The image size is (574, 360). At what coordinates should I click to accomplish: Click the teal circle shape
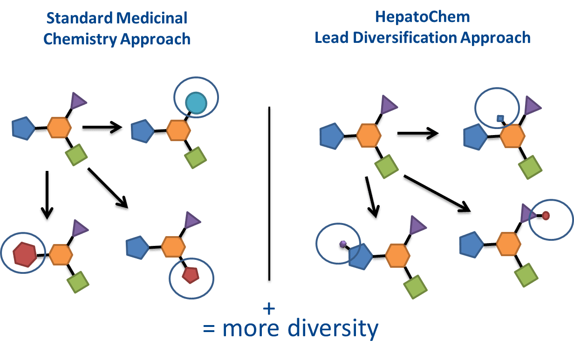point(196,103)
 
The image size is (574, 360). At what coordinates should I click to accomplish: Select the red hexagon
point(25,255)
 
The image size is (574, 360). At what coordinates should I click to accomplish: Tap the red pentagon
point(191,275)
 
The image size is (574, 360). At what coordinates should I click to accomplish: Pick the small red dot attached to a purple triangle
point(546,216)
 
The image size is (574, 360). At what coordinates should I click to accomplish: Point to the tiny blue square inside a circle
point(500,118)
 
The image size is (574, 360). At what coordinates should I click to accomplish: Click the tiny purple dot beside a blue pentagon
point(343,244)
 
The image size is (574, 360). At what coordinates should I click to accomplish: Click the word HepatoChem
point(423,17)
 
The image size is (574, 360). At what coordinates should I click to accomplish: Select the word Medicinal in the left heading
point(152,18)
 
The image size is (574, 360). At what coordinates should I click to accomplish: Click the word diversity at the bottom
point(333,328)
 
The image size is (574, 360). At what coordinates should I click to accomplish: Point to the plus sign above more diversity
point(269,308)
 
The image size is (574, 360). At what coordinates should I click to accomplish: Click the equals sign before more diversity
point(209,329)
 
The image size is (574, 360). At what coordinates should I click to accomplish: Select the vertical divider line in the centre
point(269,194)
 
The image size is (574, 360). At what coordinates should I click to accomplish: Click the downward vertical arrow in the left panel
point(47,195)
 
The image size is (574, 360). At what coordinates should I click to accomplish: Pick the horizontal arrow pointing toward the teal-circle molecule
point(102,127)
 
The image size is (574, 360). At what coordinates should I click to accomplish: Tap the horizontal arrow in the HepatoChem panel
point(418,133)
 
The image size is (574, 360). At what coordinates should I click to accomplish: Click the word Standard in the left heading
point(79,18)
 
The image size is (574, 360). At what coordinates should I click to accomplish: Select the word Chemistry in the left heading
point(80,39)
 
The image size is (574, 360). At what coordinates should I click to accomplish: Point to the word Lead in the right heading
point(332,38)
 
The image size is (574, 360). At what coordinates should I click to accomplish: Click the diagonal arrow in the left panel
point(108,188)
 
